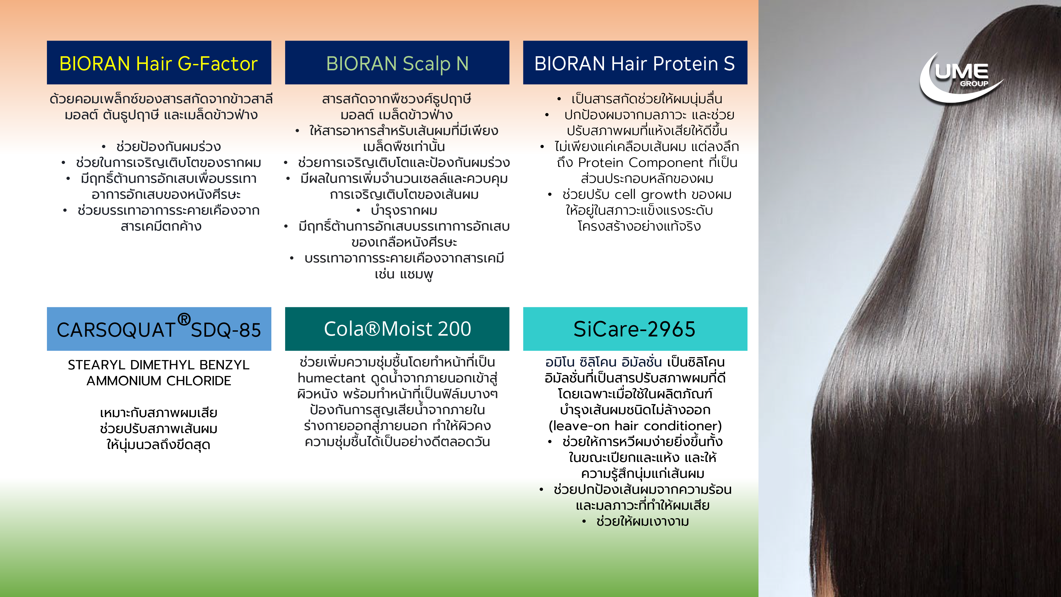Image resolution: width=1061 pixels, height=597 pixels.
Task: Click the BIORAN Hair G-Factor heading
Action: (159, 63)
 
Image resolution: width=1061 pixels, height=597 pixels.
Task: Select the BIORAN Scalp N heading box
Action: (397, 63)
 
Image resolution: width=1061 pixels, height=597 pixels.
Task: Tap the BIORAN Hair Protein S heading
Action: (635, 63)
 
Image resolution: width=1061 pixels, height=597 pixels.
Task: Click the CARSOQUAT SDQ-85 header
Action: (159, 329)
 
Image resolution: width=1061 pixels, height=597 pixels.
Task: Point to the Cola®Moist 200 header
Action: (397, 329)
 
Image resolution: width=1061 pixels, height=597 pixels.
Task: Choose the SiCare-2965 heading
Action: (635, 329)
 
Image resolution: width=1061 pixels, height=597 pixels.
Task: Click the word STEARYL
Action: (96, 365)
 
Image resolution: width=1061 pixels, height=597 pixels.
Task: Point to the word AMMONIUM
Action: (124, 381)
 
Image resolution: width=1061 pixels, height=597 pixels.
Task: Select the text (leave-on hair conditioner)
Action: (635, 426)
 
